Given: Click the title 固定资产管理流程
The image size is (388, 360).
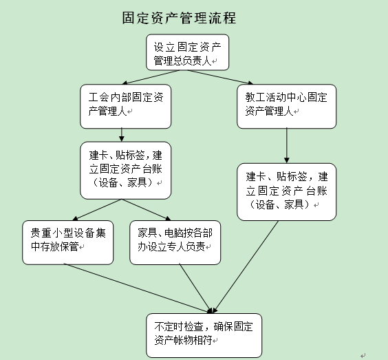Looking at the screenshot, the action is (179, 18).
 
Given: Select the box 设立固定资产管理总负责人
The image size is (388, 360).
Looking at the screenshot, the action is (187, 52).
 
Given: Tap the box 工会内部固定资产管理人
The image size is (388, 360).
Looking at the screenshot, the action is (125, 107).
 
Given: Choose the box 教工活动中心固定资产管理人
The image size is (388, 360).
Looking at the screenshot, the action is (286, 107).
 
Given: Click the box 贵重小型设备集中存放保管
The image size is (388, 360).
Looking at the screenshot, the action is (68, 242).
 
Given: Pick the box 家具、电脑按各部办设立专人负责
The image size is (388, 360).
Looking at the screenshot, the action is (175, 242).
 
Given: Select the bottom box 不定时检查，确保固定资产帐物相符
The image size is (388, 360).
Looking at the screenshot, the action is (204, 335).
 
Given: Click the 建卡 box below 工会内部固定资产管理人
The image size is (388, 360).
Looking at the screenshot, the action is (125, 170).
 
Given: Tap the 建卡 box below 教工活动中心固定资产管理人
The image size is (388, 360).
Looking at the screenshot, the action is (286, 192).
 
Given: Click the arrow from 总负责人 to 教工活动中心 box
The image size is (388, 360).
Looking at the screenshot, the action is (220, 77).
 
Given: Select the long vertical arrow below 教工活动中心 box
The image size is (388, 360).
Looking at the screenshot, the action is (287, 146).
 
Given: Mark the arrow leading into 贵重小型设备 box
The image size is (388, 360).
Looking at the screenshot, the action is (97, 210).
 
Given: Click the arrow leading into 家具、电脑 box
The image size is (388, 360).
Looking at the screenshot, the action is (147, 210).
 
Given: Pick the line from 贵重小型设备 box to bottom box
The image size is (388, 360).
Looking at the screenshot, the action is (138, 288).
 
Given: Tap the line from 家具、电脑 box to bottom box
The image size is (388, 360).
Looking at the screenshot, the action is (196, 288).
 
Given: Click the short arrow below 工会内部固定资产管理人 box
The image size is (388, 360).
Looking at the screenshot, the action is (122, 135).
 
